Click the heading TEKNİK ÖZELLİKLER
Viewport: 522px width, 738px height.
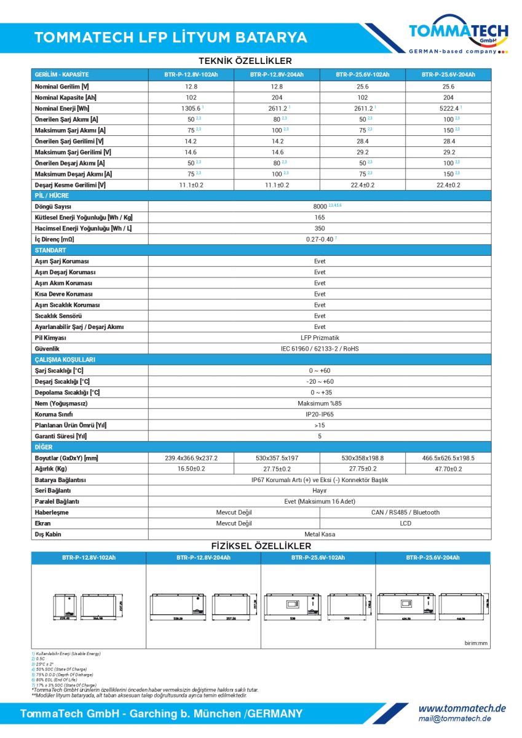point(245,61)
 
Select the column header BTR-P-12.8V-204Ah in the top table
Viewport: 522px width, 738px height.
point(277,75)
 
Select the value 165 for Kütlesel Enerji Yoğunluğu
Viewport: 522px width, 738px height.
point(320,218)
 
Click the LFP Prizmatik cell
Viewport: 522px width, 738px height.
point(320,338)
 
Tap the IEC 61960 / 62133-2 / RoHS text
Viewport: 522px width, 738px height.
point(320,349)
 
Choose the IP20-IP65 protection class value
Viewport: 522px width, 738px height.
point(320,415)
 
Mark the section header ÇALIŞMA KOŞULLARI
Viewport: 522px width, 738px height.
point(57,360)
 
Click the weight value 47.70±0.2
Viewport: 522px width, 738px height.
point(448,469)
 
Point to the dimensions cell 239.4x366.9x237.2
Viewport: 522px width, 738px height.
point(191,458)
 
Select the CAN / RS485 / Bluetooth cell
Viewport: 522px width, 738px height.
point(405,512)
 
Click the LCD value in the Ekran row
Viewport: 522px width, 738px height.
point(405,523)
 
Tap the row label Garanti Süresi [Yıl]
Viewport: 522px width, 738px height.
point(60,436)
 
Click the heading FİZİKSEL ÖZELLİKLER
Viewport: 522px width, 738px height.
point(261,546)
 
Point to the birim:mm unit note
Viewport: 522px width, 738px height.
point(475,643)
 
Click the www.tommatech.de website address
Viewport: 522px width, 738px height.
point(462,708)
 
